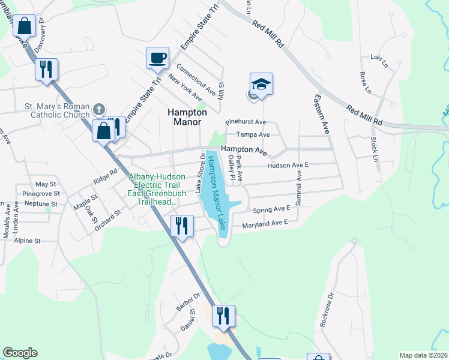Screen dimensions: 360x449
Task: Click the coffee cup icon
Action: [157, 58]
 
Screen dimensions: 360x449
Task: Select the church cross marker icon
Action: [99, 109]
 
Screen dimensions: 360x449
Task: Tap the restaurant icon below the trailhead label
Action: [181, 226]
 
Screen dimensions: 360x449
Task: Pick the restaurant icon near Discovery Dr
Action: [46, 69]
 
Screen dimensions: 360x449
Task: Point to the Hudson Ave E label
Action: [288, 165]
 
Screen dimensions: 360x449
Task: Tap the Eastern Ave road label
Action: [321, 113]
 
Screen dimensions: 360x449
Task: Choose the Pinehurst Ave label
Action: [245, 122]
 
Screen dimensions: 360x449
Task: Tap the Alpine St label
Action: [28, 241]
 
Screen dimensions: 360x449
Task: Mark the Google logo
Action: [20, 353]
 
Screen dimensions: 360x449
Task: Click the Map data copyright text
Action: [423, 355]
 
